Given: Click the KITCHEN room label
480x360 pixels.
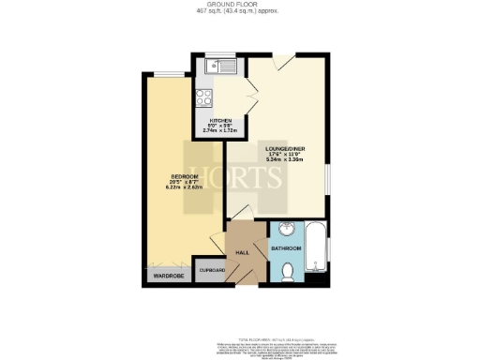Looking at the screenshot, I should [219, 120].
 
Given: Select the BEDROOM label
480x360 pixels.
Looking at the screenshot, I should [183, 176].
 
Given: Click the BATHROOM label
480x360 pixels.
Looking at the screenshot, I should [286, 247].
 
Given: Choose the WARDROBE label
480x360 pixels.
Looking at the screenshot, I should [165, 276].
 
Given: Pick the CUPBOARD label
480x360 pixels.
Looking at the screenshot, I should [211, 270].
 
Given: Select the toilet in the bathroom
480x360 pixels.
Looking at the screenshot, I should [289, 271].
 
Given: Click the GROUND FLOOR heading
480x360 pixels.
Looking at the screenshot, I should [240, 5].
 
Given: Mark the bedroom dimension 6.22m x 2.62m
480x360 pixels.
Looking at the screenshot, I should [183, 190].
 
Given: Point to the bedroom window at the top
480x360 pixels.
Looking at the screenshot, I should [168, 75].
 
